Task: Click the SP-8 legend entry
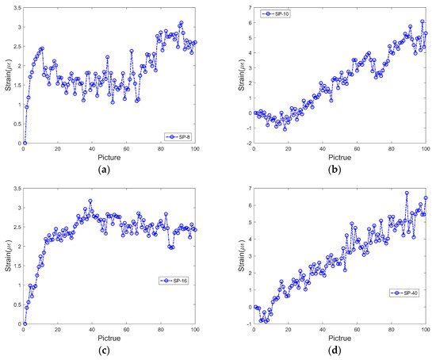(178, 136)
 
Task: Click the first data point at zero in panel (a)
(25, 144)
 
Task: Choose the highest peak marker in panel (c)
(90, 201)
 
